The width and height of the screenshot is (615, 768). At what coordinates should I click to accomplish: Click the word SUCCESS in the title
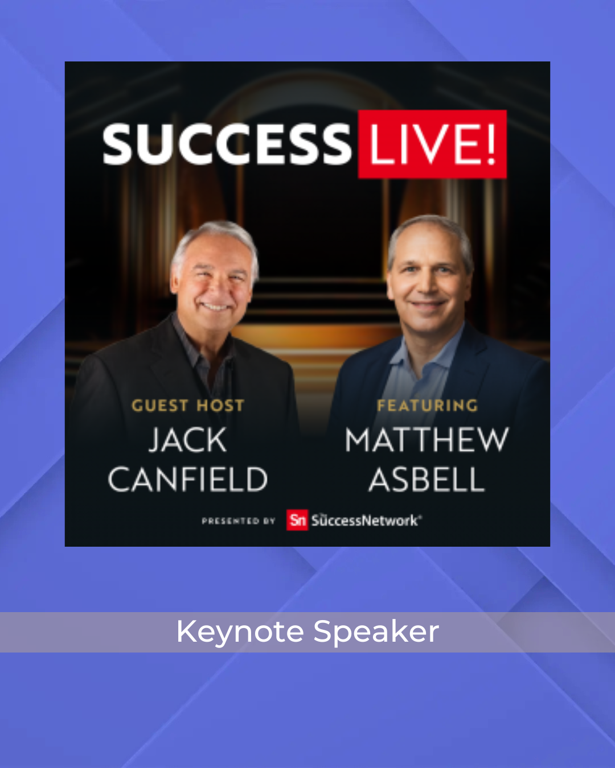point(227,144)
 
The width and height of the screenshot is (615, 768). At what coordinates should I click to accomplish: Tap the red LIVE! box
point(432,144)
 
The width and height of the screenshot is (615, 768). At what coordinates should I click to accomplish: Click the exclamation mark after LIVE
point(491,144)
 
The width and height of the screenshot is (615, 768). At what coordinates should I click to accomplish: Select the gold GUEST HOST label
point(188,406)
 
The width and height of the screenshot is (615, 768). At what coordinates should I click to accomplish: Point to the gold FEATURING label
point(428,406)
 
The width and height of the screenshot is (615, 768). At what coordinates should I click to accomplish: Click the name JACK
point(188,440)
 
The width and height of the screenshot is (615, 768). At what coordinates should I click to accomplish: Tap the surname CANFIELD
point(188,479)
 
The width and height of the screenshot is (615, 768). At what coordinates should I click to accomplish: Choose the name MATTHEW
point(427,440)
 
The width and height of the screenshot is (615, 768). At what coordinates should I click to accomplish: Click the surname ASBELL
point(427,479)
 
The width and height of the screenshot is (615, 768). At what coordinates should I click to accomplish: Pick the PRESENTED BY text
point(239,521)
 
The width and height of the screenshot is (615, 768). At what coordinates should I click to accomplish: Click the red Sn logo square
point(297,520)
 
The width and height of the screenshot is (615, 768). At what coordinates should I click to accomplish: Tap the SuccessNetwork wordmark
point(366,521)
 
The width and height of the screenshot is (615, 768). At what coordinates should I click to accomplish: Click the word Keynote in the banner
point(240,633)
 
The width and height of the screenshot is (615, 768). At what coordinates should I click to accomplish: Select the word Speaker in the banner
point(376,633)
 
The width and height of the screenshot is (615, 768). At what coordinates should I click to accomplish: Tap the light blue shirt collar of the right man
point(421,353)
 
